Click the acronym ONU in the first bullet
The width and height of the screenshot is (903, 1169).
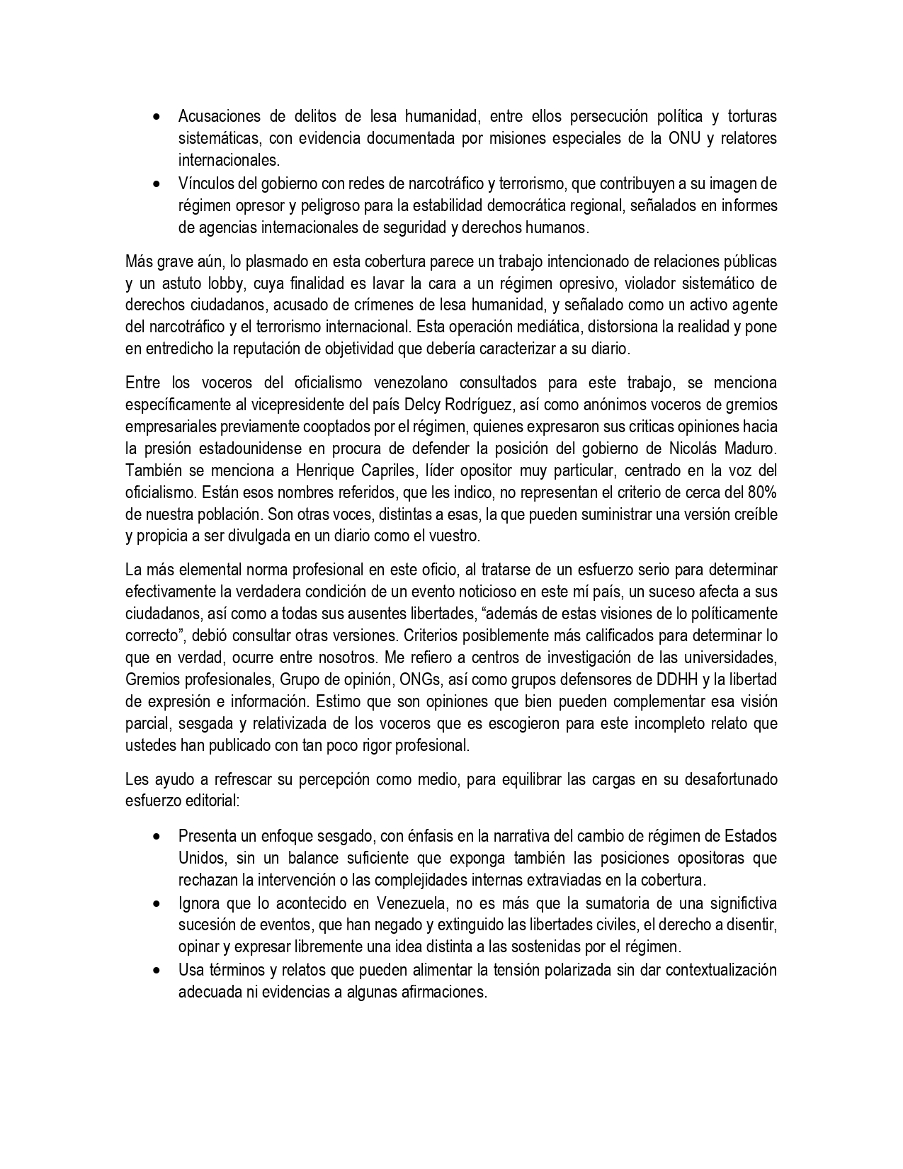[685, 138]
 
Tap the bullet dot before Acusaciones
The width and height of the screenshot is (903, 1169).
[157, 116]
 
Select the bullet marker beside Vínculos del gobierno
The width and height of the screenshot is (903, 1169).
[157, 184]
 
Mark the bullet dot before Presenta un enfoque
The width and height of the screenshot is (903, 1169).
[157, 837]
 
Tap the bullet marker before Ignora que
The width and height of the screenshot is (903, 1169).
[157, 904]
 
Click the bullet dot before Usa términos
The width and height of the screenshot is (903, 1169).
[157, 971]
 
